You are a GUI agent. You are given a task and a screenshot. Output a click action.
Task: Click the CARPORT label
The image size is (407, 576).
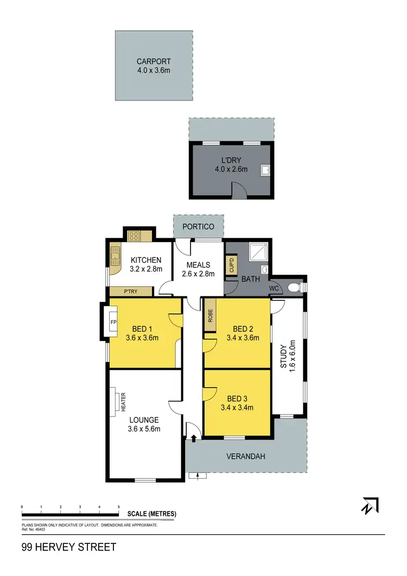pos(154,62)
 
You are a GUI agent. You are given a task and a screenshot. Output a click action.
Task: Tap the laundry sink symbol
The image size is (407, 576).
pos(265,170)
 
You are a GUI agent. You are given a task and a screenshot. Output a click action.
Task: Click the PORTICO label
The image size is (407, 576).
pos(198,226)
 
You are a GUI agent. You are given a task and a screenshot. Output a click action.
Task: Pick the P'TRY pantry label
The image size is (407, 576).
pos(130,292)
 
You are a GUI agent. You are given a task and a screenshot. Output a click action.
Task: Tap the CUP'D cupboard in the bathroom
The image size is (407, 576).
pos(230,265)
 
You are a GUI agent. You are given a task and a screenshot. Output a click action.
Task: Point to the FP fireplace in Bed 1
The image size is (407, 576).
pos(113,322)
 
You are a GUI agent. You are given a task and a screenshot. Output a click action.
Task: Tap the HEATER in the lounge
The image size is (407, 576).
pos(116,402)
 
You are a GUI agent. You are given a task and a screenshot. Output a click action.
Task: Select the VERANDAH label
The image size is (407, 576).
pos(246,457)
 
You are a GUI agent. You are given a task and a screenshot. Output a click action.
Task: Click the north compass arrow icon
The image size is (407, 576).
pos(370,505)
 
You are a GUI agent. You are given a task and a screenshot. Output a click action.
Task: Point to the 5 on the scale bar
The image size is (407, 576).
pos(118,507)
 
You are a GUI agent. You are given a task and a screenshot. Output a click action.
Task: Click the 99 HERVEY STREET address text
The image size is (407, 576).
pos(69,547)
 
